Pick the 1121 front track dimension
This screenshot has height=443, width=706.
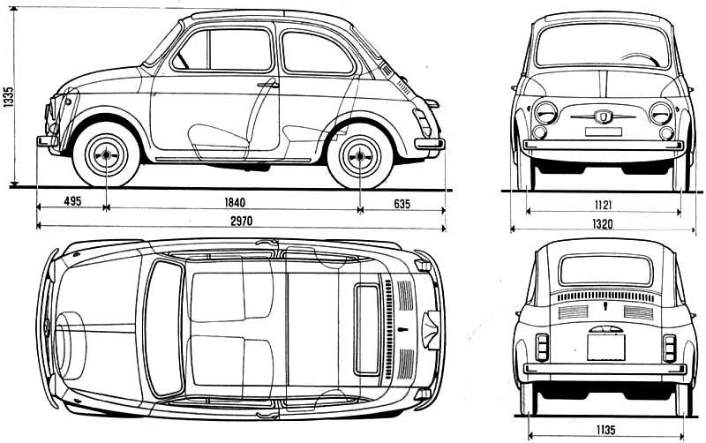tap(605, 205)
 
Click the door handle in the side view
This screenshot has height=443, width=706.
tap(267, 85)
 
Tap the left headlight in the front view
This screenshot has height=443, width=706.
tap(547, 112)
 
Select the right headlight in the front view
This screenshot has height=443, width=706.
tap(660, 112)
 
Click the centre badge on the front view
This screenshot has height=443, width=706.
tap(604, 116)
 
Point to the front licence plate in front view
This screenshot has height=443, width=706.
tap(604, 132)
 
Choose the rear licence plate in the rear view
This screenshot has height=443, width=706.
tap(605, 345)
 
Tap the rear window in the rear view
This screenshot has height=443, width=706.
tap(605, 269)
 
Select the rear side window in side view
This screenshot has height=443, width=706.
tap(316, 53)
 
